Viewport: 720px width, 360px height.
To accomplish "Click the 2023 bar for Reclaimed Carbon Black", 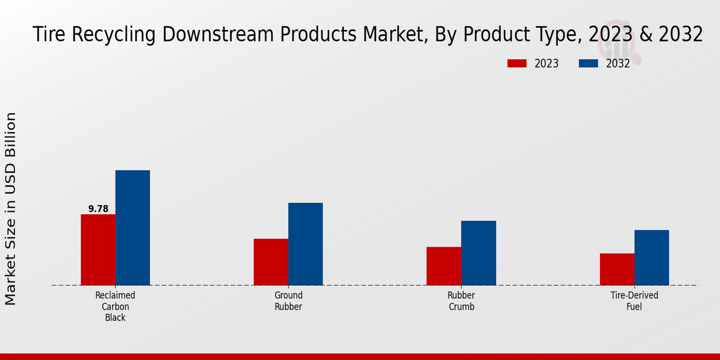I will (98, 250).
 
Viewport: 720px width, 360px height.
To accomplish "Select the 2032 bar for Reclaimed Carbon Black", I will (133, 227).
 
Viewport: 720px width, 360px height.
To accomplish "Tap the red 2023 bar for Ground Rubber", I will (271, 262).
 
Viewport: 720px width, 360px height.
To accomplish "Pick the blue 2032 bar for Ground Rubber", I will (305, 244).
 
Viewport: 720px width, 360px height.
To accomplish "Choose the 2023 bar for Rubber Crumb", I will (444, 266).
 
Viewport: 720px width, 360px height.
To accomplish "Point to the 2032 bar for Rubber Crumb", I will (479, 253).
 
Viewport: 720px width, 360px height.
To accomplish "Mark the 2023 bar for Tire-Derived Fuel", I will (617, 269).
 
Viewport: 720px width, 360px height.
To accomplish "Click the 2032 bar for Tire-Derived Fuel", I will (652, 257).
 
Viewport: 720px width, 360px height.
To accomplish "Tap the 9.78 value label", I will (98, 209).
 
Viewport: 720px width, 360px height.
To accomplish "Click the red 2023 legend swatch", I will (517, 64).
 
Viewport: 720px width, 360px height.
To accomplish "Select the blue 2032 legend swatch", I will (589, 64).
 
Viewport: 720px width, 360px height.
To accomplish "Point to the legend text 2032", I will (617, 64).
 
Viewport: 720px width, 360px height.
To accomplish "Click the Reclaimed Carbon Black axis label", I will (115, 307).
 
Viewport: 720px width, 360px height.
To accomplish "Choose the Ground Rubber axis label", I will (288, 301).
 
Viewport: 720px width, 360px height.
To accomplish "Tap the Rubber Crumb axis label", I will (461, 301).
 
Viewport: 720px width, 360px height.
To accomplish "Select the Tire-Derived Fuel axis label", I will (634, 301).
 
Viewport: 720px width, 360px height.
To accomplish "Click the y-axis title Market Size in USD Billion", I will (11, 209).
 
